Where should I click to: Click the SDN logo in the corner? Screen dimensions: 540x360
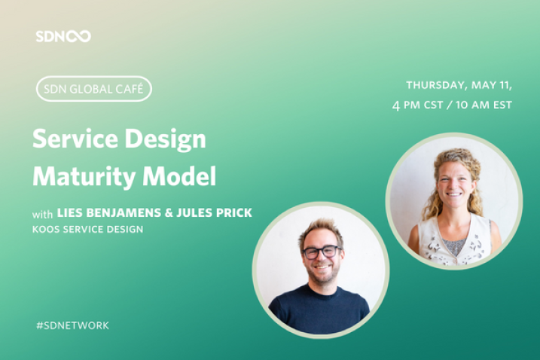click(63, 36)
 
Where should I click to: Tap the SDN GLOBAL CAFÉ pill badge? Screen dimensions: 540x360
click(94, 89)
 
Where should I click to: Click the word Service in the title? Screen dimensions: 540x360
click(75, 139)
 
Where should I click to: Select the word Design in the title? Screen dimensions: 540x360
click(165, 139)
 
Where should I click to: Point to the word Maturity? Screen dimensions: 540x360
click(84, 177)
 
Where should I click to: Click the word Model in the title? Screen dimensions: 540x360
click(179, 176)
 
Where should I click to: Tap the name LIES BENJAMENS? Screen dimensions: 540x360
click(108, 212)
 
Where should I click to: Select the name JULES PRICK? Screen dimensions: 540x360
click(214, 212)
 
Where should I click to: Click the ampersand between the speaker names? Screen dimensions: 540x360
click(169, 212)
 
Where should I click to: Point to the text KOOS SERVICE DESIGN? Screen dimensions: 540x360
click(87, 230)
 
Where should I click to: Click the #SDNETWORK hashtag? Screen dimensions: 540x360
click(72, 325)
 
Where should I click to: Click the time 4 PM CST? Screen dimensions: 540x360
click(417, 105)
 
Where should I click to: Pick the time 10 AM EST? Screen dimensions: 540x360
click(484, 105)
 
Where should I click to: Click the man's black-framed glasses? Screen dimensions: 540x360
click(321, 252)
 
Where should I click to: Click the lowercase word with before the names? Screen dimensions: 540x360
click(42, 215)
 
